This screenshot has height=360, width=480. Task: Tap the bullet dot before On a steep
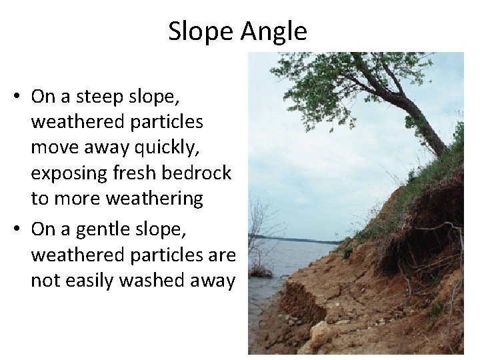pyautogui.click(x=15, y=97)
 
